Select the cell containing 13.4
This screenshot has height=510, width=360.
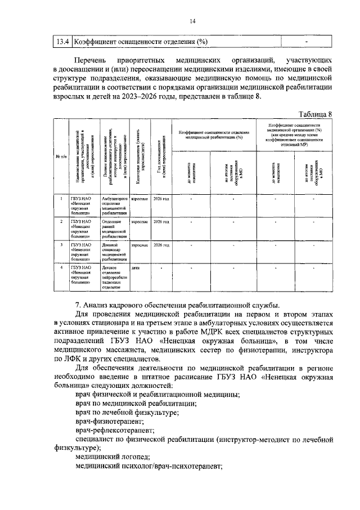[61, 42]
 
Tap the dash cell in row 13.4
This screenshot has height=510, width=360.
[307, 42]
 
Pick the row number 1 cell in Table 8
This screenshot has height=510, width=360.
[61, 199]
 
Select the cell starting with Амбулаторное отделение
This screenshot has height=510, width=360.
[115, 206]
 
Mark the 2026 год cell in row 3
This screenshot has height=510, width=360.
[160, 245]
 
